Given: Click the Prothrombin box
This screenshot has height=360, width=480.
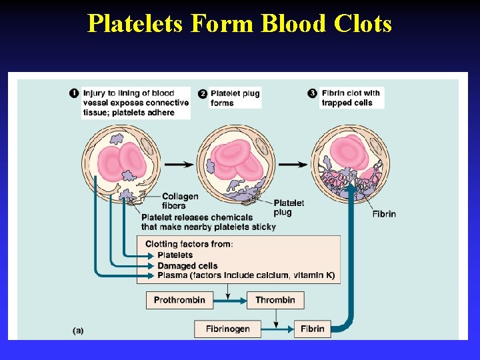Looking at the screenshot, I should [x=179, y=300].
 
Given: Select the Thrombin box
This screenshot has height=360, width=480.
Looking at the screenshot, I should [x=275, y=300].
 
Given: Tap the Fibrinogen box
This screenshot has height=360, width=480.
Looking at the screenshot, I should [x=227, y=329].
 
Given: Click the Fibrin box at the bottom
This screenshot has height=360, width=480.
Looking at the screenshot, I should [x=312, y=329].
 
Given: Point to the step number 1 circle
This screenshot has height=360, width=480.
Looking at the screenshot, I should [x=75, y=93].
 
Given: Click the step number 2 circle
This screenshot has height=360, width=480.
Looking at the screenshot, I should [x=203, y=93].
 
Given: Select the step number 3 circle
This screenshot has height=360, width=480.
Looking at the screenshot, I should [x=313, y=93].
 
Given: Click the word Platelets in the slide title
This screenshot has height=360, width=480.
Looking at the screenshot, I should [x=137, y=24].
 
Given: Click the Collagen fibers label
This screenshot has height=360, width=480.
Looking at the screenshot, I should [x=180, y=201].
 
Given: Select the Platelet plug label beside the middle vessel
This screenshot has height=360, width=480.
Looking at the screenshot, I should [x=289, y=207].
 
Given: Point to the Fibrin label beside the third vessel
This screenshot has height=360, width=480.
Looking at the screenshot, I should [x=383, y=214].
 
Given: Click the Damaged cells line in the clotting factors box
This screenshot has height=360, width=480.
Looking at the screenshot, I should [x=187, y=266].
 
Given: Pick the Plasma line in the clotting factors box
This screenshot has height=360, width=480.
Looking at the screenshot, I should [x=245, y=276].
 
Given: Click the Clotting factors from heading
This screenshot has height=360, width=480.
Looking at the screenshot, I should [x=189, y=244].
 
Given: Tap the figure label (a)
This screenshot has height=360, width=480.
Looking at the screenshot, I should [x=78, y=330].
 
